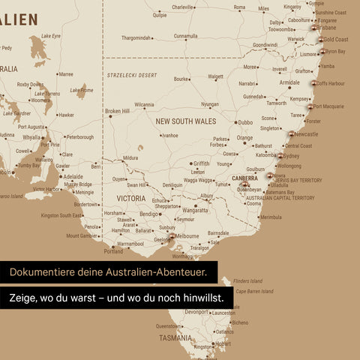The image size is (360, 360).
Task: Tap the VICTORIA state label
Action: (x=130, y=199)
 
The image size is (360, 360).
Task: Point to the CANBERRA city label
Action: (x=244, y=178)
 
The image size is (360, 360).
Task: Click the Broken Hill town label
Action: (x=117, y=111)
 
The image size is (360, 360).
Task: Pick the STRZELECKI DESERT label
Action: (x=132, y=75)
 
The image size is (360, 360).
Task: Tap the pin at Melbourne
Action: (x=171, y=238)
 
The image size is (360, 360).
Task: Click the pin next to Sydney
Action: (x=280, y=156)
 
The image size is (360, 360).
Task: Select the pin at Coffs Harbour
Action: (x=313, y=84)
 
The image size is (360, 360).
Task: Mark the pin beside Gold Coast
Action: (x=320, y=40)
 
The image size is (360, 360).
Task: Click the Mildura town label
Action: (x=130, y=158)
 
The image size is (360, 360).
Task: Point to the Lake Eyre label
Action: (x=51, y=35)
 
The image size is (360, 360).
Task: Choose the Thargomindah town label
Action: (x=136, y=37)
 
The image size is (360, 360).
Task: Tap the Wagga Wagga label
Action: (x=198, y=180)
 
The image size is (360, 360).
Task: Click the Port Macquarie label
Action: (x=328, y=106)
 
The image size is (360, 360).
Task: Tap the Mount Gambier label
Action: (x=82, y=235)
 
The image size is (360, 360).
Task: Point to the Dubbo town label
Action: (x=244, y=122)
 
